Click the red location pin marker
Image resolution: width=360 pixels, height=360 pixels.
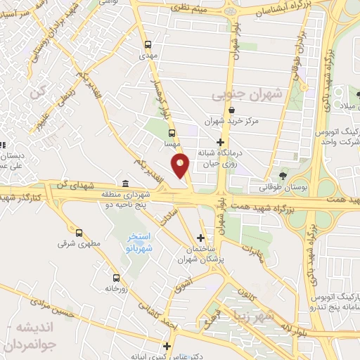[x=181, y=167]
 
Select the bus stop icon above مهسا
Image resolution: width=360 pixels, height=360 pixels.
[x=171, y=131]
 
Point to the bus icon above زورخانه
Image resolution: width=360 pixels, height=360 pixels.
[x=115, y=277]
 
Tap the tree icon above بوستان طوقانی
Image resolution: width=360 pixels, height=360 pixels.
[x=283, y=175]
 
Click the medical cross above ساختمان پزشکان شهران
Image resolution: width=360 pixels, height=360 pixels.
[x=201, y=238]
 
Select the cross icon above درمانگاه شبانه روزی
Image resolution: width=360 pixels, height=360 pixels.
[x=221, y=143]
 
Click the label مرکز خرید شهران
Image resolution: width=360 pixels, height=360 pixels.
[x=232, y=121]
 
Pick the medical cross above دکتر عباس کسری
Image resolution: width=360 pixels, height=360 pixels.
[x=167, y=346]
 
